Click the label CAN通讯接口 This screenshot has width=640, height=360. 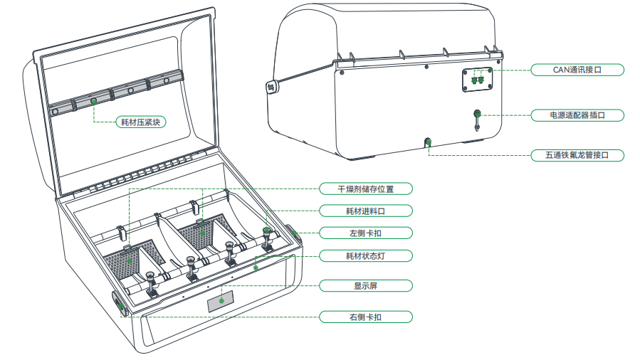[x=577, y=70]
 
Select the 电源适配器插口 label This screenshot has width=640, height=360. [x=577, y=115]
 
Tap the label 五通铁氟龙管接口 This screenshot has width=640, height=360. [x=577, y=155]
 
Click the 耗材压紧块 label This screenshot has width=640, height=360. [x=140, y=122]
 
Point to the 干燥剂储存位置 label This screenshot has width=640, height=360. [x=365, y=189]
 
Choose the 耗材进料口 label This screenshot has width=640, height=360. [x=365, y=211]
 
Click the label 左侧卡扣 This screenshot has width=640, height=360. [x=365, y=233]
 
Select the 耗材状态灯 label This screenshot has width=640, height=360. [x=365, y=255]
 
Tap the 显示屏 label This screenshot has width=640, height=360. [x=365, y=286]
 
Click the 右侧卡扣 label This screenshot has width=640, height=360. [x=365, y=317]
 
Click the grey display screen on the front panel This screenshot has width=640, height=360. [x=221, y=301]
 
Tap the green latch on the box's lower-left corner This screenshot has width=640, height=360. [x=119, y=305]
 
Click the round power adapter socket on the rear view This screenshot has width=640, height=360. [x=478, y=113]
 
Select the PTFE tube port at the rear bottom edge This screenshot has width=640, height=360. [x=429, y=142]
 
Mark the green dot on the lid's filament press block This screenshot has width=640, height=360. [x=94, y=102]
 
